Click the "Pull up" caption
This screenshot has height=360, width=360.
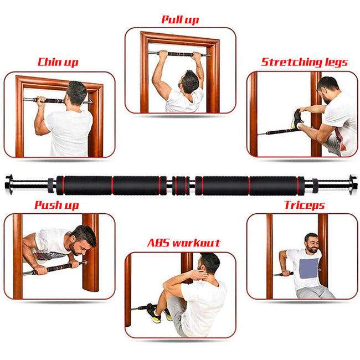(180, 20)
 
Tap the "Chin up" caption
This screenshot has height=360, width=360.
(58, 62)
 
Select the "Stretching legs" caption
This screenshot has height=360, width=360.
(305, 62)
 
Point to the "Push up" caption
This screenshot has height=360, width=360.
(56, 205)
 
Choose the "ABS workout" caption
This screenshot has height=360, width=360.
(183, 243)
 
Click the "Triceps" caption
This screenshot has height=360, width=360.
(305, 205)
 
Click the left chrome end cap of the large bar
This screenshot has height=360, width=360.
(9, 184)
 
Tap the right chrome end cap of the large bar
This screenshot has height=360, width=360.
(353, 184)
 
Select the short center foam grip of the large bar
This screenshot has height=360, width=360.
(181, 186)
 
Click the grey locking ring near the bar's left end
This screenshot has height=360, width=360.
(51, 186)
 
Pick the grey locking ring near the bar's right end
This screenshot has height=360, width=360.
(315, 186)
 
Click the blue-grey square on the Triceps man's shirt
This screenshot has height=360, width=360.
(309, 269)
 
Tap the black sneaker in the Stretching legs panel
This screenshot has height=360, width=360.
(297, 119)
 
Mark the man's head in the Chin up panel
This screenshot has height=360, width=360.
(76, 94)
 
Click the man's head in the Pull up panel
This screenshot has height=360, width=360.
(189, 81)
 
